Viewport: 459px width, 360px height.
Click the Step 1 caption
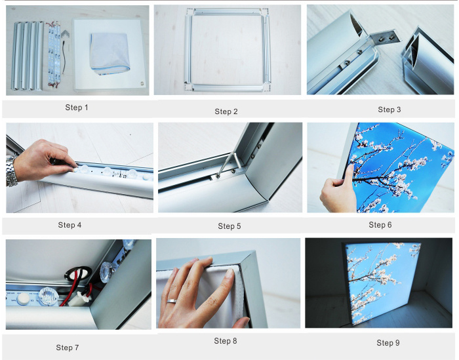tap(77, 107)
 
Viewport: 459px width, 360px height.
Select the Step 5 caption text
tap(229, 226)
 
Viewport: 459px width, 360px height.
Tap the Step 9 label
tap(388, 342)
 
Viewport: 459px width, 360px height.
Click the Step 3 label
tap(389, 110)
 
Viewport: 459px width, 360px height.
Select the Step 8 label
tap(225, 341)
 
